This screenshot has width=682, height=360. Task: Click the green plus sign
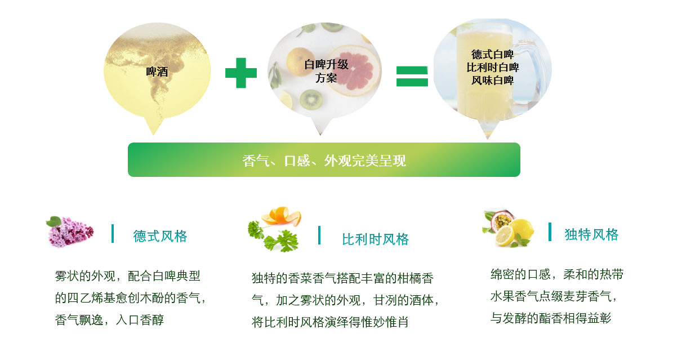tap(241, 73)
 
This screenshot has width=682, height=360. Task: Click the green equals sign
tap(412, 77)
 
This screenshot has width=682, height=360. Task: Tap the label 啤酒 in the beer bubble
tap(157, 72)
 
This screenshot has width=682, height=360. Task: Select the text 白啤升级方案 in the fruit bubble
tap(326, 72)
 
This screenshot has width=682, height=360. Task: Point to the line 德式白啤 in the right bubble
tap(493, 55)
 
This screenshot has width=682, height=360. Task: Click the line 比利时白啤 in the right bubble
tap(493, 67)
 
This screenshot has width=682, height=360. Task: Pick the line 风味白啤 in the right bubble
tap(493, 81)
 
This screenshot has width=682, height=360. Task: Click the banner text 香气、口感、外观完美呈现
tap(324, 161)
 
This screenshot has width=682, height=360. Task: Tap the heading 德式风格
tap(160, 236)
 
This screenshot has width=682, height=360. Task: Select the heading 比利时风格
tap(375, 239)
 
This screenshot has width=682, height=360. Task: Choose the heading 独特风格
tap(591, 234)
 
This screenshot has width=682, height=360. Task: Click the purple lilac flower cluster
tap(70, 232)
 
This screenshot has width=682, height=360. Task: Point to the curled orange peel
tap(282, 216)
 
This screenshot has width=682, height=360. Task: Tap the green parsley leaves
tap(273, 237)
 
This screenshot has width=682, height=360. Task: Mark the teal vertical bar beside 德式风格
tap(113, 234)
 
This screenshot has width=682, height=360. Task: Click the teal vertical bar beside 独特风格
tap(550, 232)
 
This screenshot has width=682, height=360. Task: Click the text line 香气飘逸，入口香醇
tap(109, 320)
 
